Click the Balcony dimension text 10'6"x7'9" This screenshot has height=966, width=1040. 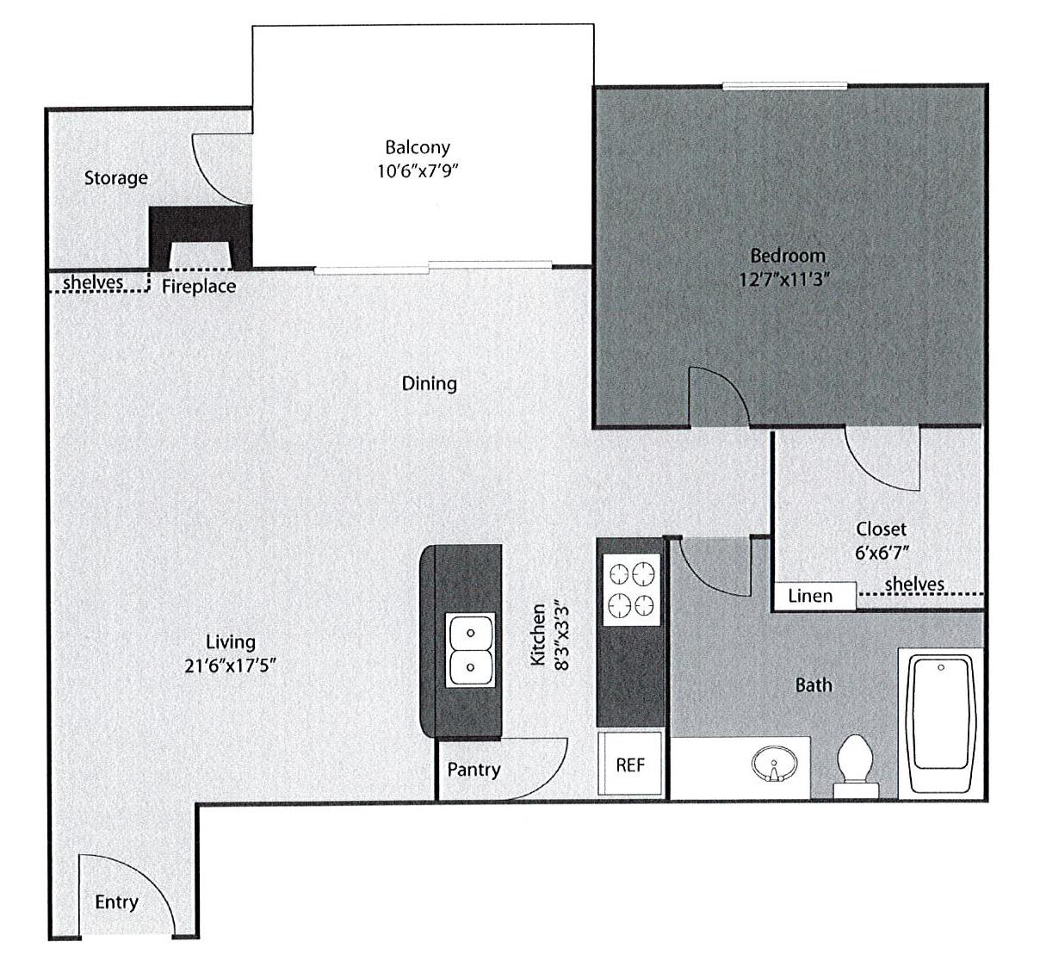(417, 170)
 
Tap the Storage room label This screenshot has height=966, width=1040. (116, 178)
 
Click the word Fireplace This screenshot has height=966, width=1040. (199, 287)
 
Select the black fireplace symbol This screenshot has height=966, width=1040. (201, 234)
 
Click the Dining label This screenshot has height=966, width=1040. (430, 383)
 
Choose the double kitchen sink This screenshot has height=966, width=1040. (470, 650)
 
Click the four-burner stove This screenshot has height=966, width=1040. (631, 591)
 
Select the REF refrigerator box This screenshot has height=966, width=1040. (630, 764)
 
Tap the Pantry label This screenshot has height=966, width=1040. (474, 770)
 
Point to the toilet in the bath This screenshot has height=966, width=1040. (855, 762)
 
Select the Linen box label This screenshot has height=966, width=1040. (811, 596)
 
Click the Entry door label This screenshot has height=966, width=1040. (116, 902)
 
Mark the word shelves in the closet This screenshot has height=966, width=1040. (914, 585)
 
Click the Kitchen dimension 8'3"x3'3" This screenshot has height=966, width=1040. (562, 634)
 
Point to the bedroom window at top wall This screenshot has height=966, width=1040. (784, 85)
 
